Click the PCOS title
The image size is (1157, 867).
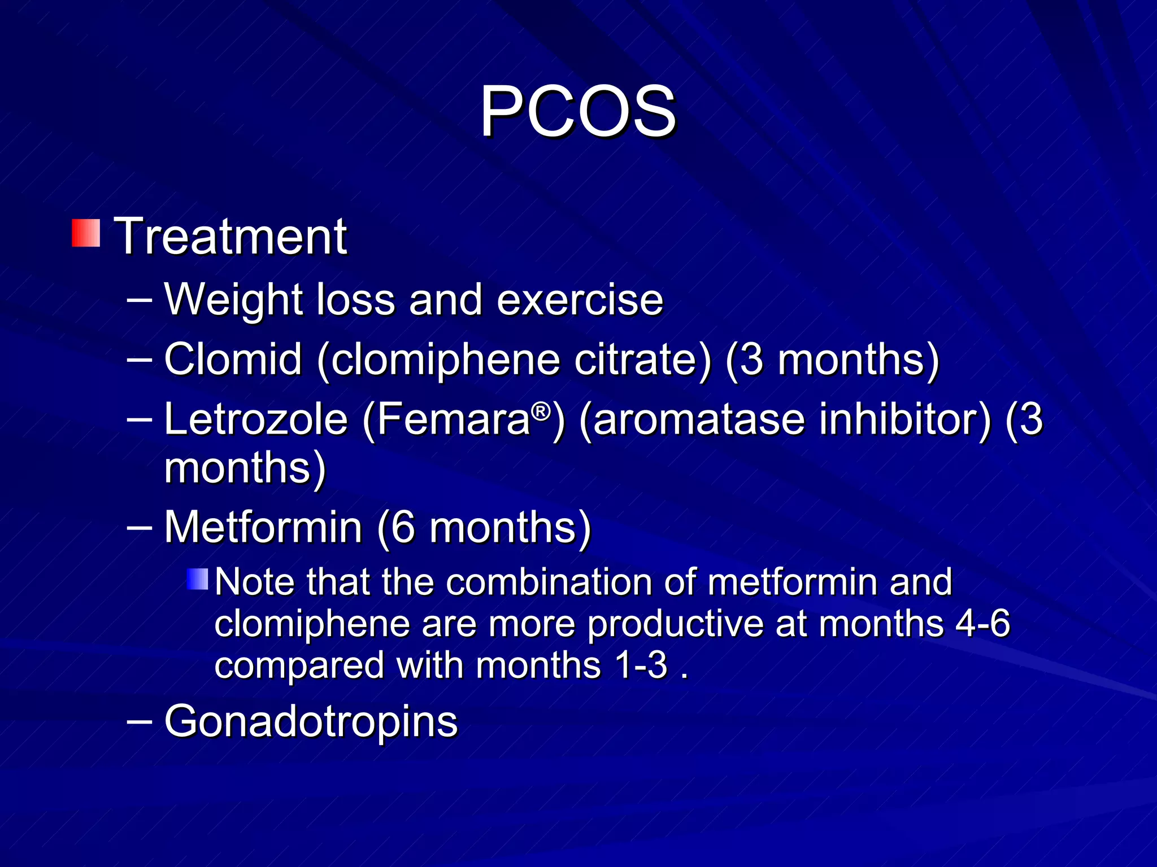[x=577, y=111]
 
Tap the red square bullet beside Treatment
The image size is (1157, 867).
[x=86, y=233]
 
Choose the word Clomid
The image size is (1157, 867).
[x=233, y=359]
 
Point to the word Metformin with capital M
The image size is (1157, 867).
[x=263, y=527]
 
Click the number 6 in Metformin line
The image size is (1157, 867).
[x=403, y=527]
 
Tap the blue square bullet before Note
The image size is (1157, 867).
[x=198, y=579]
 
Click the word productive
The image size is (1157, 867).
[x=676, y=624]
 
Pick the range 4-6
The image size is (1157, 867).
[x=982, y=624]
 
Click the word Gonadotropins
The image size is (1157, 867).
[x=311, y=721]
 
